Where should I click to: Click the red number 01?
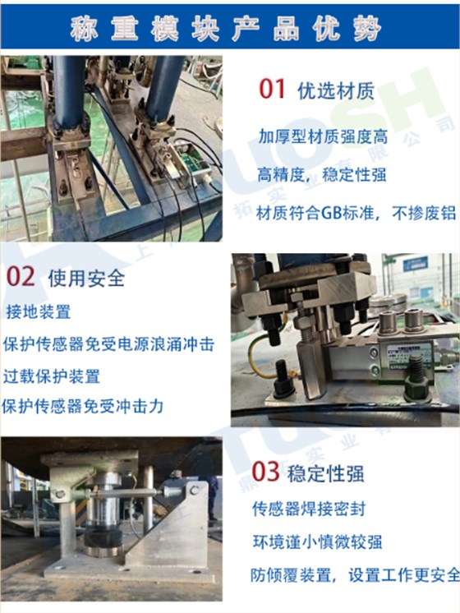272,90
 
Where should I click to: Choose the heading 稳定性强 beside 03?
326,473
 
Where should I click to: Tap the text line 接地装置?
38,312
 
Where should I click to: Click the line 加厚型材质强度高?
322,136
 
